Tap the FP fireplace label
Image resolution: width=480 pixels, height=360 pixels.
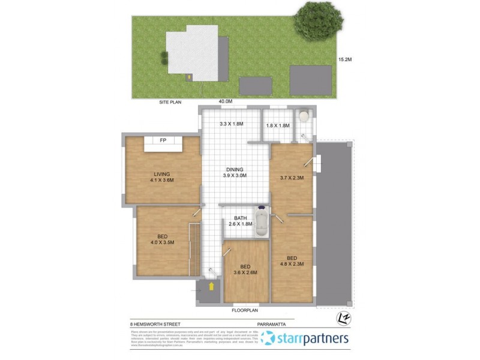163,141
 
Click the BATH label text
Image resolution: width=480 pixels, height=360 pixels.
241,217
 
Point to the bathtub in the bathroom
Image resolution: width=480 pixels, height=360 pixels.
262,223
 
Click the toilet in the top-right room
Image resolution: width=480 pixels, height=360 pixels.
304,116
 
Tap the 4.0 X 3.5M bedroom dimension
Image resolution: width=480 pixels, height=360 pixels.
162,243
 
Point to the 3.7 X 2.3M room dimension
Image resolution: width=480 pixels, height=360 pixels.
293,178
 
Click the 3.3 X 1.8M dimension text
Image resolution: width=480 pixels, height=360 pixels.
231,125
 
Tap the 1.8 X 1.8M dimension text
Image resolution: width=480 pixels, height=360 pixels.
278,125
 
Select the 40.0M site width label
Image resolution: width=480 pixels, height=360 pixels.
225,101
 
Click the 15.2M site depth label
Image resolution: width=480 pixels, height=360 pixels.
344,59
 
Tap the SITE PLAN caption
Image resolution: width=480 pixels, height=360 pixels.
170,102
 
